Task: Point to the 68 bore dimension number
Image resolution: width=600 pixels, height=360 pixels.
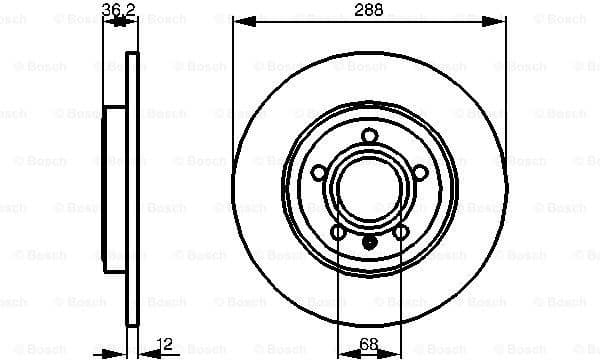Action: (368, 345)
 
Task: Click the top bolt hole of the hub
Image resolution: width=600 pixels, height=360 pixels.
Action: (369, 136)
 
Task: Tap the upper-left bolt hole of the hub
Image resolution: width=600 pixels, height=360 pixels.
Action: (318, 172)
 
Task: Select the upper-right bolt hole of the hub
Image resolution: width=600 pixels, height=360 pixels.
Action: (419, 172)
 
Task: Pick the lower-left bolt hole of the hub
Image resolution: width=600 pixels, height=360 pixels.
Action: (337, 232)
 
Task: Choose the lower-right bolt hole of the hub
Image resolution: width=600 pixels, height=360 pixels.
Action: (400, 232)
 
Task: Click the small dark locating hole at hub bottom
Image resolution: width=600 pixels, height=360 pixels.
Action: (369, 241)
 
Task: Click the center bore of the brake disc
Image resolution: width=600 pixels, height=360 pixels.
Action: (369, 189)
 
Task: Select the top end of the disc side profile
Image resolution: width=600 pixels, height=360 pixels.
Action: (132, 53)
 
